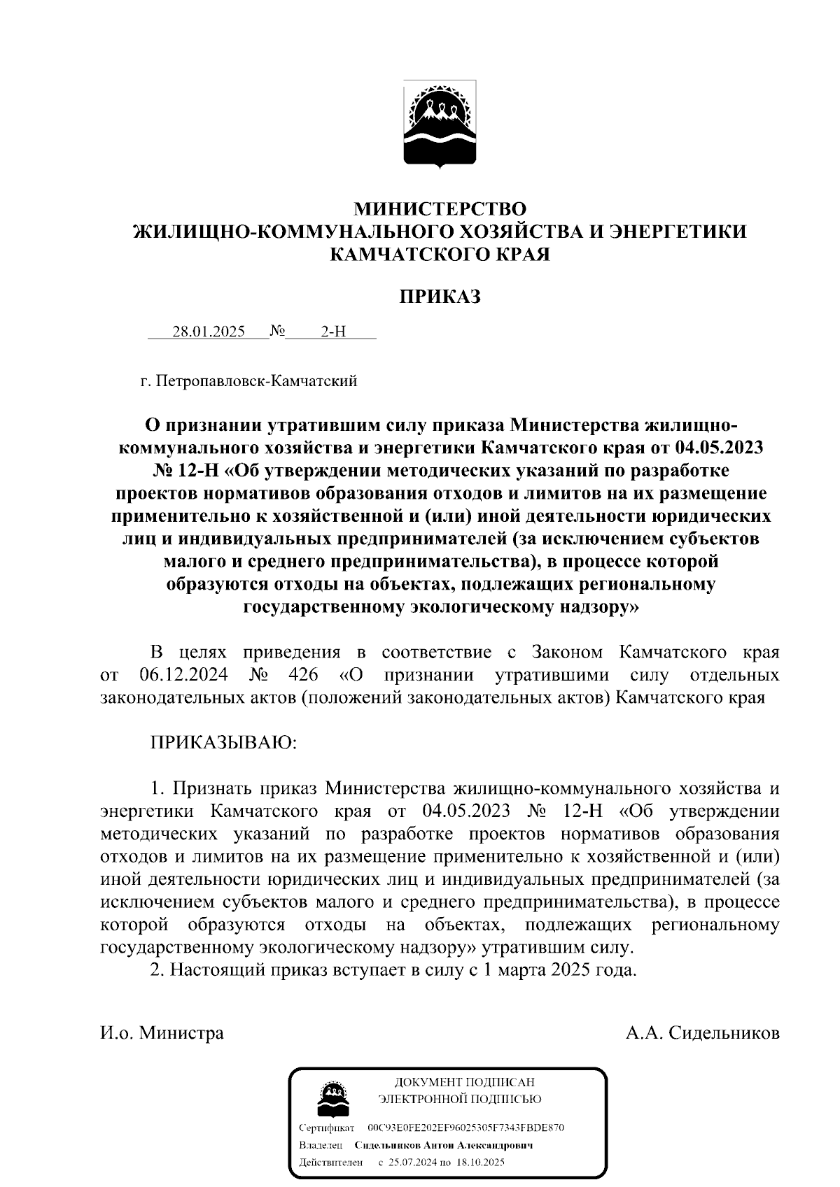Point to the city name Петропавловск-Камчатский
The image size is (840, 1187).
pos(257,381)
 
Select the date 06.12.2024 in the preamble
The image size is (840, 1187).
pos(182,675)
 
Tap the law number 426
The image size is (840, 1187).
pos(303,675)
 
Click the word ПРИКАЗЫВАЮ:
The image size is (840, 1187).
pos(224,742)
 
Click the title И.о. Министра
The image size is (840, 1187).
pos(162,1033)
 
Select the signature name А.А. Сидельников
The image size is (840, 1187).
pos(703,1033)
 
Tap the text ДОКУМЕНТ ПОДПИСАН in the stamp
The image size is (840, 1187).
pos(459,1083)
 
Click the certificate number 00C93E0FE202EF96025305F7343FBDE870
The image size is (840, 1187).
pos(465,1128)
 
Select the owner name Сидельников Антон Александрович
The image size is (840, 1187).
pos(444,1146)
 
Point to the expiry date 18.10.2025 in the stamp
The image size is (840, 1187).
pos(480,1163)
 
